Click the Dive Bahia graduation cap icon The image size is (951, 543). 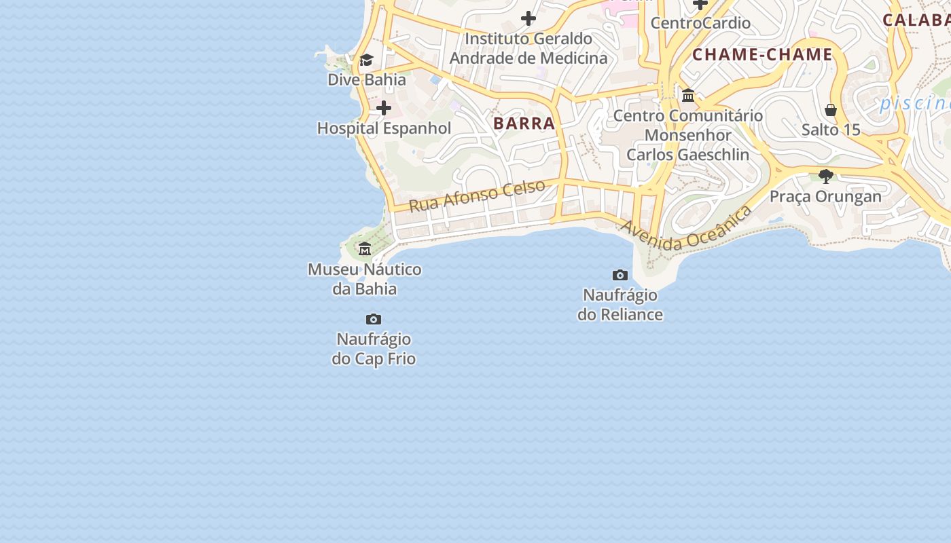tap(366, 60)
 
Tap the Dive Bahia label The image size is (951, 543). tap(367, 79)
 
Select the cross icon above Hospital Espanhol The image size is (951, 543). tap(384, 108)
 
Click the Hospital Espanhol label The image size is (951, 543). tap(384, 128)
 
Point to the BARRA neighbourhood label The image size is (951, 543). tap(524, 124)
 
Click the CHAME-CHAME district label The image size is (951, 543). tap(762, 55)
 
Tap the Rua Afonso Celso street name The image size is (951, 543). tap(477, 195)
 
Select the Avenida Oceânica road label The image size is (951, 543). tap(686, 229)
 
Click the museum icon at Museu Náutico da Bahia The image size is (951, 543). tap(365, 248)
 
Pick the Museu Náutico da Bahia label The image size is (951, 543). tap(365, 279)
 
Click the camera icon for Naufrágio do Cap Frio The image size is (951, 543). tap(374, 319)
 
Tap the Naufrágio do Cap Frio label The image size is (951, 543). tap(374, 348)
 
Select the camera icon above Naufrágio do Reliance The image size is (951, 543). tap(620, 275)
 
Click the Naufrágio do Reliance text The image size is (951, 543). tap(620, 305)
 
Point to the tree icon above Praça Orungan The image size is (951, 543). tap(826, 176)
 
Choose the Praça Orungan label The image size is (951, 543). tap(825, 197)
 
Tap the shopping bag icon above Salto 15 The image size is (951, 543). tap(831, 110)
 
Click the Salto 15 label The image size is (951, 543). tap(831, 130)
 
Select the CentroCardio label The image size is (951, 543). tap(700, 23)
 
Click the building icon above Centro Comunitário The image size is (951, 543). tap(688, 95)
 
